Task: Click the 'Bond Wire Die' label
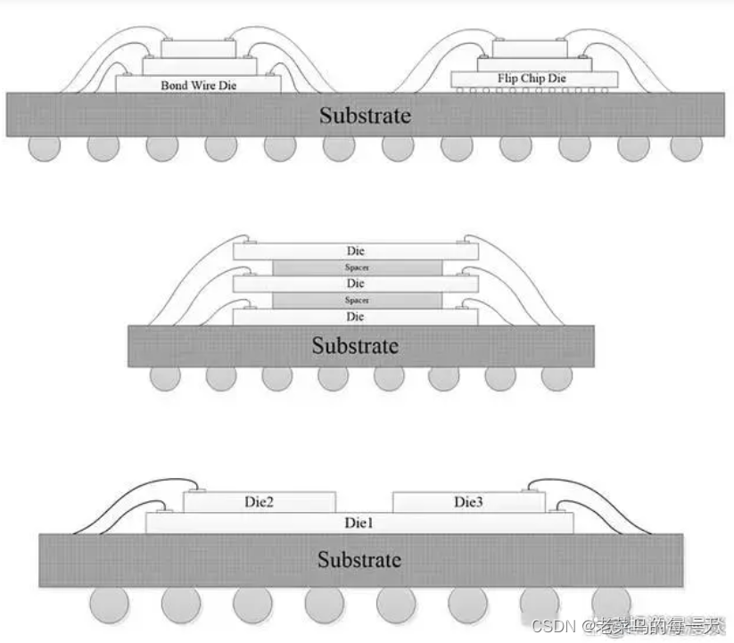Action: coord(199,85)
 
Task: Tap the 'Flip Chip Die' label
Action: coord(532,79)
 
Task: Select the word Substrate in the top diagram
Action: coord(366,115)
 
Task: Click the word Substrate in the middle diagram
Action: coord(355,345)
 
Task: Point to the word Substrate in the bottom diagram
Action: coord(359,559)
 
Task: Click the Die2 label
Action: coord(259,503)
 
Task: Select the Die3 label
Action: coord(468,503)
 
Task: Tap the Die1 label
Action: coord(359,522)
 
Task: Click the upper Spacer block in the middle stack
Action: coord(357,268)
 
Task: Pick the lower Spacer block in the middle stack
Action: coord(357,301)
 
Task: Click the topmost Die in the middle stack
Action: coord(356,251)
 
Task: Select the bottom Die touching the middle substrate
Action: coord(356,317)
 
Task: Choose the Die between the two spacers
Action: coord(356,284)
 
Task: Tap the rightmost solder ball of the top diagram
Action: coord(687,147)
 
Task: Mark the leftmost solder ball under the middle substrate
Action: coord(165,377)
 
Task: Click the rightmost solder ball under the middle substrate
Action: coord(557,377)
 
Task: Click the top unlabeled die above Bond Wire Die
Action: coord(198,47)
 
